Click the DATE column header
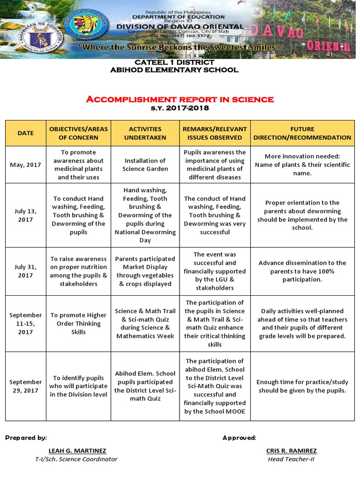[25, 133]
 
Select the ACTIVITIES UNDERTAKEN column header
[145, 133]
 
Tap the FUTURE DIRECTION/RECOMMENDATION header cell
[302, 133]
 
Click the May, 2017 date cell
[25, 165]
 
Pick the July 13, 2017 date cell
[25, 215]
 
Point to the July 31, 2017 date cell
[25, 271]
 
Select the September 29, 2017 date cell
[25, 386]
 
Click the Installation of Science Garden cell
[145, 165]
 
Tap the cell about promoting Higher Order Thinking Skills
[79, 323]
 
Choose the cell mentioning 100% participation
[302, 271]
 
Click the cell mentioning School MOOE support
[215, 386]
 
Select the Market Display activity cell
[145, 271]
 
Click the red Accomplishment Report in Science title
[180, 99]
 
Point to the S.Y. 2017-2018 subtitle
[180, 108]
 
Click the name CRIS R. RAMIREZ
[291, 450]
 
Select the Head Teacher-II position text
[291, 459]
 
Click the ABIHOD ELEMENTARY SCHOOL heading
[174, 70]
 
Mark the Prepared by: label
[26, 437]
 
